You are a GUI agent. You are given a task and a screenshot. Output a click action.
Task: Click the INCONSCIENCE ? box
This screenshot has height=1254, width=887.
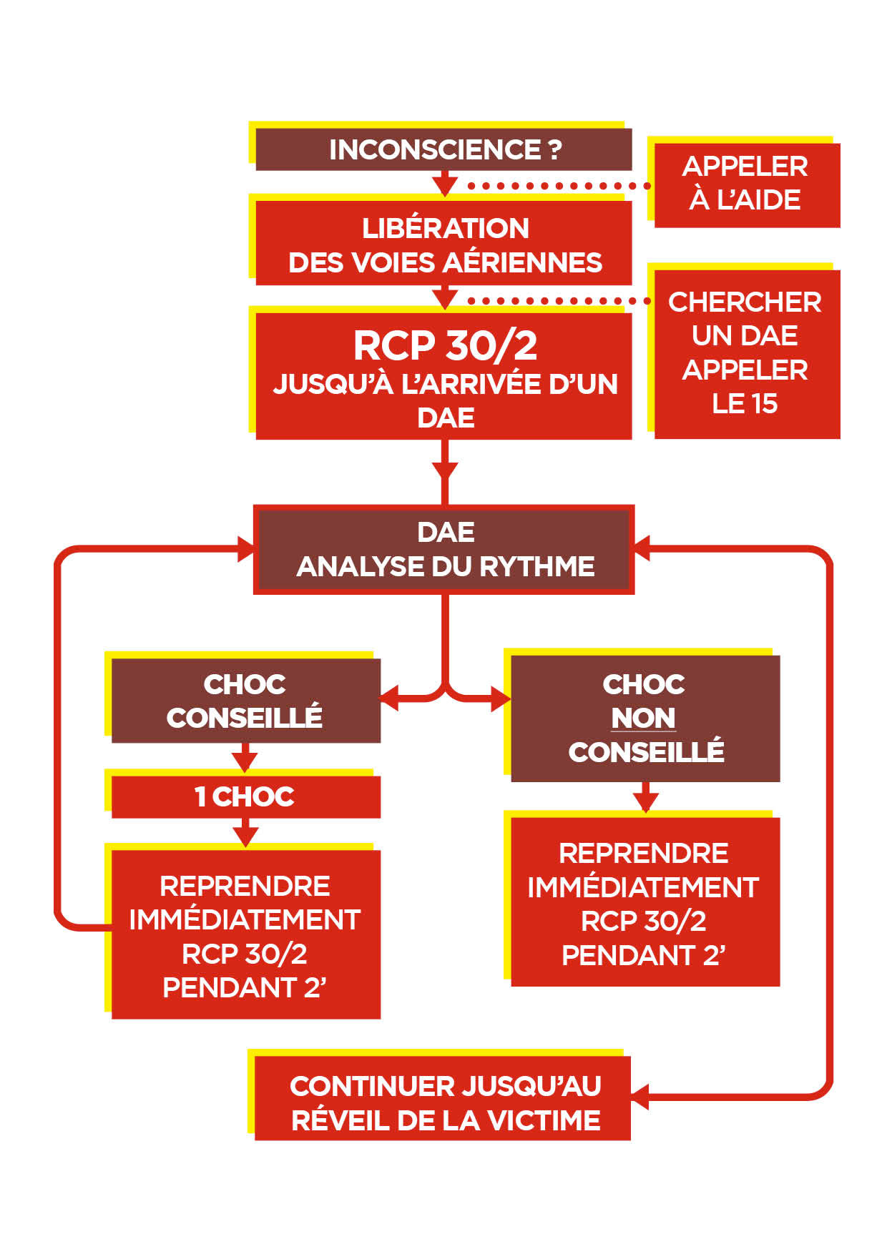pyautogui.click(x=443, y=149)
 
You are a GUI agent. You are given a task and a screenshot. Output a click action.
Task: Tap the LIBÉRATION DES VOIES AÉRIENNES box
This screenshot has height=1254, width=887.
pyautogui.click(x=443, y=244)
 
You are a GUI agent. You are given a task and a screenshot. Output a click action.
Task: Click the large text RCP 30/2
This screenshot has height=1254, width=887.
pyautogui.click(x=445, y=346)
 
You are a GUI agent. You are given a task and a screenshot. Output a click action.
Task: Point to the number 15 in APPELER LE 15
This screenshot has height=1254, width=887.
pyautogui.click(x=764, y=404)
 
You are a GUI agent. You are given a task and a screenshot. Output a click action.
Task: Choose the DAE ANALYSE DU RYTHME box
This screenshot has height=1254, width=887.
pyautogui.click(x=443, y=549)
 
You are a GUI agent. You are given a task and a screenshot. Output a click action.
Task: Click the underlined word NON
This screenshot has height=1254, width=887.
pyautogui.click(x=643, y=719)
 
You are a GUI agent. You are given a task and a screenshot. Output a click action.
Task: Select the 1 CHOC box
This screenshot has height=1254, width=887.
pyautogui.click(x=245, y=796)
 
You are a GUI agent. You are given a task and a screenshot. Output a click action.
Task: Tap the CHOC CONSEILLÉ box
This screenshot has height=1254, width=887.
pyautogui.click(x=245, y=701)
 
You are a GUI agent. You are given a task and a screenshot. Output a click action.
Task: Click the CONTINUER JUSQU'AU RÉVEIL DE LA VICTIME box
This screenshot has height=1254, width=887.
pyautogui.click(x=443, y=1102)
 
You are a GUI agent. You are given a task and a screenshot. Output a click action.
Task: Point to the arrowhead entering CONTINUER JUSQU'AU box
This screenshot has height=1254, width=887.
pyautogui.click(x=639, y=1095)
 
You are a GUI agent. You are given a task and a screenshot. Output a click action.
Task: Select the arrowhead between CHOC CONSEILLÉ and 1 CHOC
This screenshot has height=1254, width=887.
pyautogui.click(x=245, y=761)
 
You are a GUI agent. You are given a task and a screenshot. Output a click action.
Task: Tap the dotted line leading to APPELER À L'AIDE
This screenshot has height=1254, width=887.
pyautogui.click(x=558, y=186)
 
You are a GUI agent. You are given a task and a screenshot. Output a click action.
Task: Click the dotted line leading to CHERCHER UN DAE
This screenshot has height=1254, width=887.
pyautogui.click(x=558, y=301)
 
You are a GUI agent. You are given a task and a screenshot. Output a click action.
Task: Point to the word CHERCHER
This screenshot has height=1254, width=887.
pyautogui.click(x=745, y=302)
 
